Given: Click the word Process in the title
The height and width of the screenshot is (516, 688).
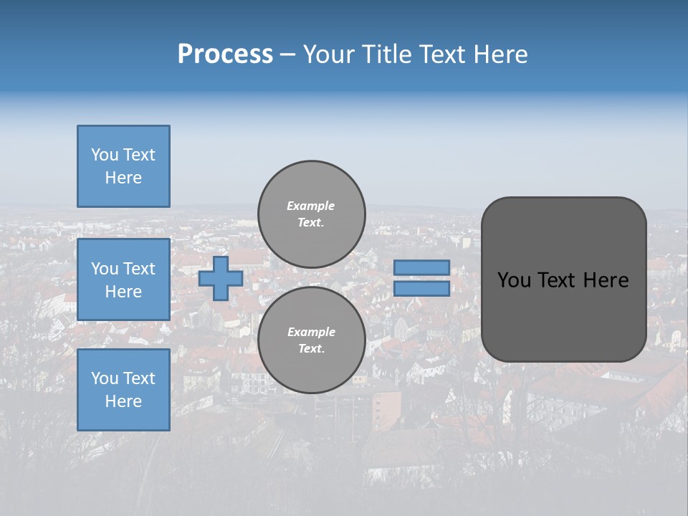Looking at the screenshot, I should (x=225, y=54).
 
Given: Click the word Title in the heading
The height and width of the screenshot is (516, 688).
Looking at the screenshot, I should (x=385, y=54).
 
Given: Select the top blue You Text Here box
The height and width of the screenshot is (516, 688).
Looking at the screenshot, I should (x=123, y=166).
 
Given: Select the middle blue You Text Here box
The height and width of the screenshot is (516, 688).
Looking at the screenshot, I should (x=123, y=279).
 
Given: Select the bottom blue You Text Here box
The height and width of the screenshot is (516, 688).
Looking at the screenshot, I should (x=123, y=390).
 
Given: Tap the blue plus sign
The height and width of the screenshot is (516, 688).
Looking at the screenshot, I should (x=221, y=279).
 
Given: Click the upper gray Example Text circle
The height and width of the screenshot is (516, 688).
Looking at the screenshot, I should (x=311, y=214).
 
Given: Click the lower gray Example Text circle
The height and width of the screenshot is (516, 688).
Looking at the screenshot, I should (x=311, y=340).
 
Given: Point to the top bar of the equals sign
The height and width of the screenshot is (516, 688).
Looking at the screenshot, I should (x=421, y=267).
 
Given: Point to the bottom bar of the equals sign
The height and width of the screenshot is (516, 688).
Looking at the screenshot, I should (x=421, y=289).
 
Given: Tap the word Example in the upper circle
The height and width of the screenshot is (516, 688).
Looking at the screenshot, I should (x=311, y=206).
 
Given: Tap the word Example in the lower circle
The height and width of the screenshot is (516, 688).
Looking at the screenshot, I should (x=311, y=332).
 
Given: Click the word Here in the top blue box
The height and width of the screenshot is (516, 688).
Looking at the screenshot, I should (x=123, y=178).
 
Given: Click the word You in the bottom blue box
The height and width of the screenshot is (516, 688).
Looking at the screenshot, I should (x=105, y=378).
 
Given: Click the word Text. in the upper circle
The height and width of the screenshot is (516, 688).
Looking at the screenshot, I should (x=311, y=223).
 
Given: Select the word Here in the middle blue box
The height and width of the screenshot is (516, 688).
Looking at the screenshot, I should (x=123, y=292).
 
